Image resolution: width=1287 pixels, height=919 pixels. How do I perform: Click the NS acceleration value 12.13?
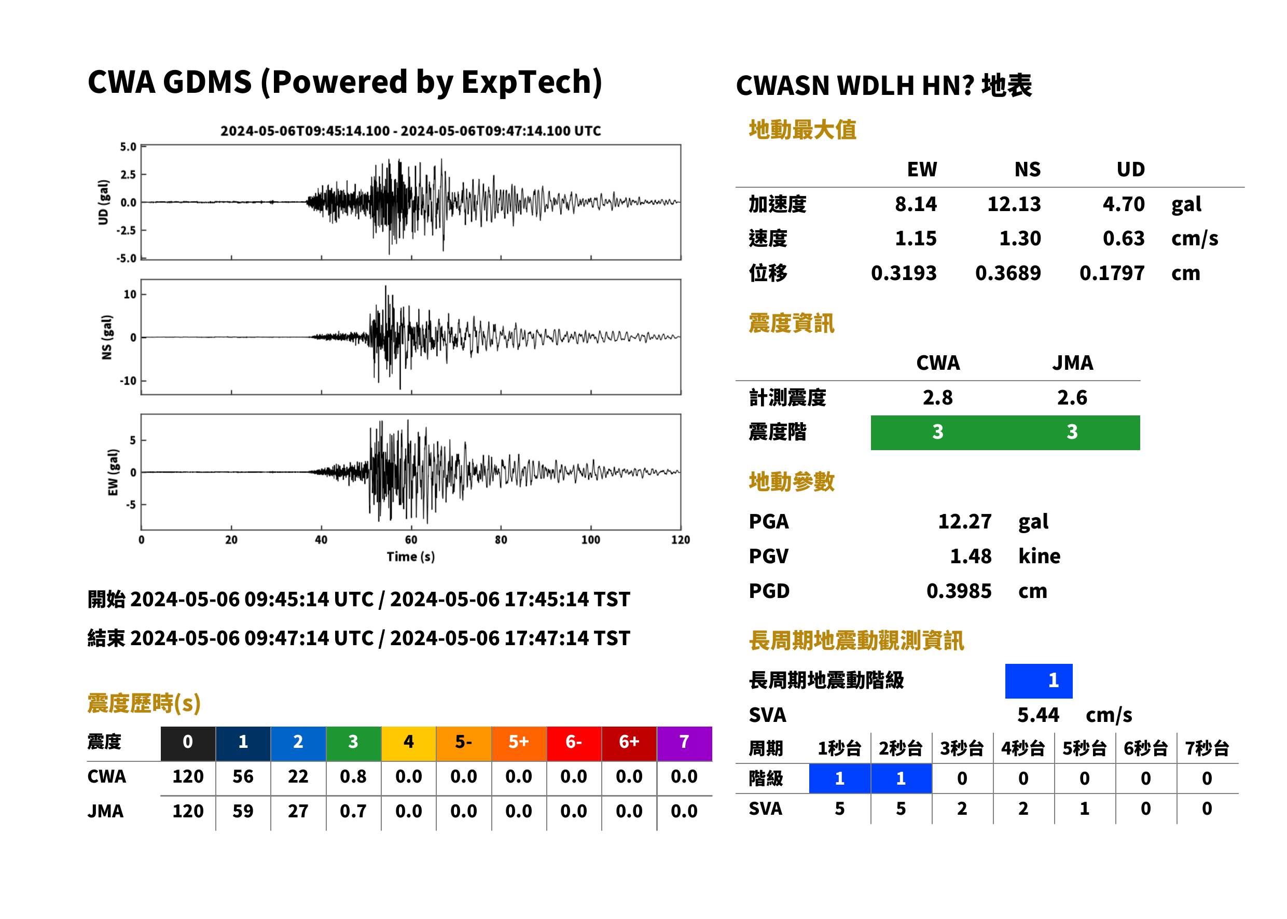[x=1014, y=204]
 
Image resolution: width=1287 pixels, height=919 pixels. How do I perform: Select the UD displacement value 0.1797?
[x=1112, y=273]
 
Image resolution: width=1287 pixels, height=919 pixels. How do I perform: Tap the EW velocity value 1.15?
[x=915, y=239]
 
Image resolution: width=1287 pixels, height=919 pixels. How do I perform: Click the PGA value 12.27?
[x=964, y=521]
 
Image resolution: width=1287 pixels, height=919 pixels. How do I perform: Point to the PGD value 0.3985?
[x=959, y=591]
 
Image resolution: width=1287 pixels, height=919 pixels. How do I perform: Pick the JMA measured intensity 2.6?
[x=1072, y=398]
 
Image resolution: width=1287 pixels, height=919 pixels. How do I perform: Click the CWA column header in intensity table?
[x=938, y=363]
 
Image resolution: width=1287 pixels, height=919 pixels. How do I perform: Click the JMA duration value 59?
[x=243, y=812]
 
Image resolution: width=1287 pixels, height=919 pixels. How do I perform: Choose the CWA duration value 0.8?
[x=353, y=776]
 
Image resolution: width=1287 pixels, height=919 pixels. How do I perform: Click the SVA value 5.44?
[x=1038, y=715]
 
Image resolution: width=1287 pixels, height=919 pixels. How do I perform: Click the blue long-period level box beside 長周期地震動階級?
[x=1039, y=681]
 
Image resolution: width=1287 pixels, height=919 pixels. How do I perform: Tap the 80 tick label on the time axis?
[x=501, y=540]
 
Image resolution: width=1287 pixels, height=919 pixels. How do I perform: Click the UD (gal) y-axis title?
[x=103, y=202]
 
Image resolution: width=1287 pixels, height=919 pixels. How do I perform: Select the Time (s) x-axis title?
[x=411, y=557]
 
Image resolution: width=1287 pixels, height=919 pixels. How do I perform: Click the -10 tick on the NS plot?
[x=129, y=381]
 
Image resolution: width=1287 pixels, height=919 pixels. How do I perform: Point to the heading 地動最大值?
[x=802, y=130]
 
